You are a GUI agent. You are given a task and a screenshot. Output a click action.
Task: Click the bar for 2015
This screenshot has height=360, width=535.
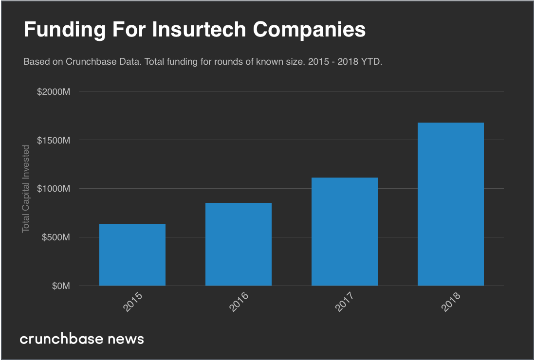[x=132, y=254]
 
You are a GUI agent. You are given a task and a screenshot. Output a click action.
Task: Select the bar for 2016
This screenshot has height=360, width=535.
[x=239, y=244]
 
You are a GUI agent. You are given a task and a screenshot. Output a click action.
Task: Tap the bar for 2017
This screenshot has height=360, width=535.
[x=345, y=232]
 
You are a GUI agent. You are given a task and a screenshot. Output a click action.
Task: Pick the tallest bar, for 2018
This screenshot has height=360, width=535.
[x=451, y=204]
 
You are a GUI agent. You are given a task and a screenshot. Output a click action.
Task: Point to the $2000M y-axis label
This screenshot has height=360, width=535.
[x=54, y=91]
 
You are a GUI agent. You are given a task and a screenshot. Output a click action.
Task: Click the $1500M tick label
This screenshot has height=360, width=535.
[x=54, y=140]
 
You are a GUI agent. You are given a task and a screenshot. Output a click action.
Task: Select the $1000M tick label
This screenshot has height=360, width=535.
[x=54, y=189]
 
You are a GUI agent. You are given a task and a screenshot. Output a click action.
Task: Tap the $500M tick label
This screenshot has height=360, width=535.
[x=55, y=237]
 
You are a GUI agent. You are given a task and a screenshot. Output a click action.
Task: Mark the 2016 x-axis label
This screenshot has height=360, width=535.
[x=239, y=302]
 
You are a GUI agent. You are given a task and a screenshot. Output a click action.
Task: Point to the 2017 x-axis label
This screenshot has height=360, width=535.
[x=345, y=302]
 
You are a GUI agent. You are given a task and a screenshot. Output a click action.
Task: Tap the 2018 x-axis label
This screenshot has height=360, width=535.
[x=451, y=302]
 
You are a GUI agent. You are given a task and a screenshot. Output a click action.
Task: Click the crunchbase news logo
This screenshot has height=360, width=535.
[x=82, y=339]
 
